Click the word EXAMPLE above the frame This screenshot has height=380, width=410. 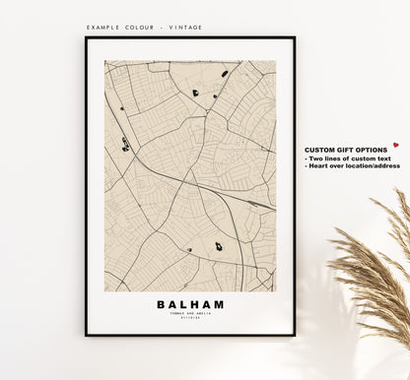point(103,28)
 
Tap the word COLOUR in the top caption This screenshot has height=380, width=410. point(139,28)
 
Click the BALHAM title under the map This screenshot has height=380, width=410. point(190,304)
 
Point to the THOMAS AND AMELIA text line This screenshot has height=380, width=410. point(190,314)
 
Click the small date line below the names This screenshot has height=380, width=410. point(190,319)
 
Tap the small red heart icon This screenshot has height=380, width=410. point(395,145)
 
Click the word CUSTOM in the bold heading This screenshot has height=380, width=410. point(320,149)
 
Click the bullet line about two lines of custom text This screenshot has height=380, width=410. point(350,158)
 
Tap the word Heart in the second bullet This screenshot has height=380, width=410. point(319,165)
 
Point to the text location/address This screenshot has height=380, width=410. point(378,165)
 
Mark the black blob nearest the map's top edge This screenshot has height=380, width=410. point(225,73)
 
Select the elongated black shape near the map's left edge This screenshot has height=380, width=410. point(125,145)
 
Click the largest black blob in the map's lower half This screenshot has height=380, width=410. point(218,247)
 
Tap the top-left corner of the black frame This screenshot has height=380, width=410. point(87,38)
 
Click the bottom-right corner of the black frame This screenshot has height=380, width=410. point(294,334)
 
